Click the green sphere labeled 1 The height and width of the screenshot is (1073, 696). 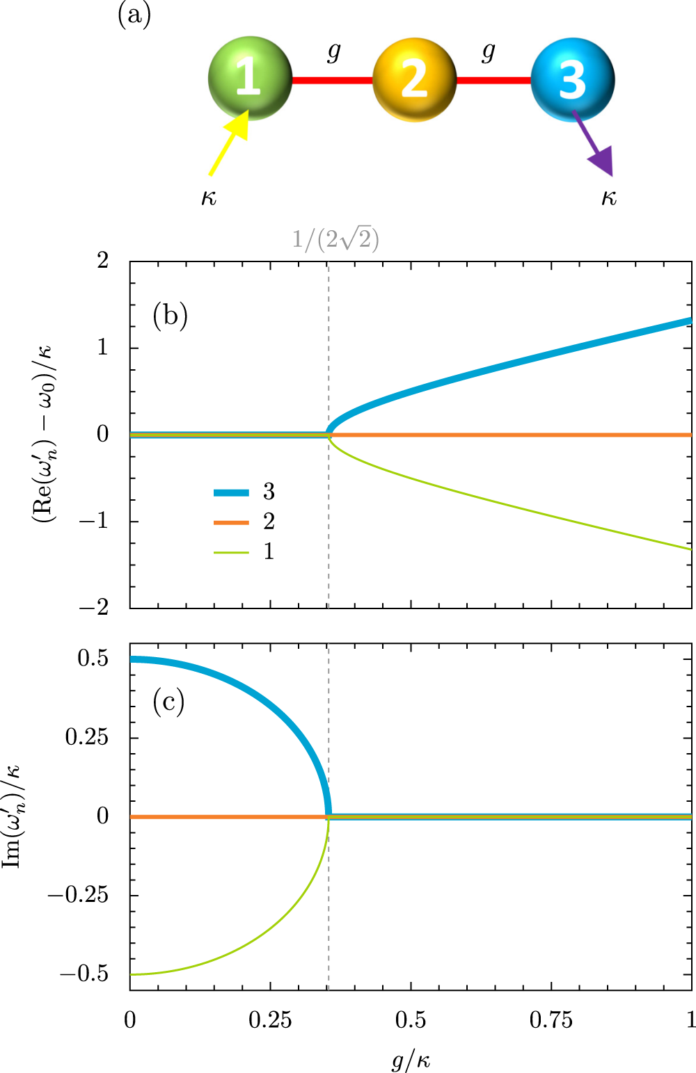pyautogui.click(x=250, y=78)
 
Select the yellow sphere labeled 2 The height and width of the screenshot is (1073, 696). pyautogui.click(x=414, y=80)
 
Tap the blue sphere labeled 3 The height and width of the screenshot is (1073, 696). pyautogui.click(x=572, y=80)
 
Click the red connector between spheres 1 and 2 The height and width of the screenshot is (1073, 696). pyautogui.click(x=332, y=81)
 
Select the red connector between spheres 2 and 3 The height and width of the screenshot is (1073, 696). pyautogui.click(x=493, y=81)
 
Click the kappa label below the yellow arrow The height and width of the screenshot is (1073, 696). pyautogui.click(x=209, y=198)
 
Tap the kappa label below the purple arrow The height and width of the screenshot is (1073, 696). pyautogui.click(x=609, y=198)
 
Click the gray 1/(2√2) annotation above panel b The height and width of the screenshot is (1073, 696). pyautogui.click(x=335, y=240)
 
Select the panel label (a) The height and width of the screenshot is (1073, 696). pyautogui.click(x=134, y=15)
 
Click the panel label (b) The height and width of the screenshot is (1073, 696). pyautogui.click(x=171, y=316)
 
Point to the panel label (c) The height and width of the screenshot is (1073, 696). pyautogui.click(x=168, y=702)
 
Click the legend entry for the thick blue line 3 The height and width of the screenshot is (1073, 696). pyautogui.click(x=244, y=492)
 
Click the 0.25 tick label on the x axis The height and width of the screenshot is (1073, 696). pyautogui.click(x=270, y=1020)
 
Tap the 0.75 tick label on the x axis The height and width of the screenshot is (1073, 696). pyautogui.click(x=551, y=1020)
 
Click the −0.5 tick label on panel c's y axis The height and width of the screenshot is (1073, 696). pyautogui.click(x=84, y=974)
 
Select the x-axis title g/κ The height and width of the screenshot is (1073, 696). pyautogui.click(x=411, y=1060)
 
